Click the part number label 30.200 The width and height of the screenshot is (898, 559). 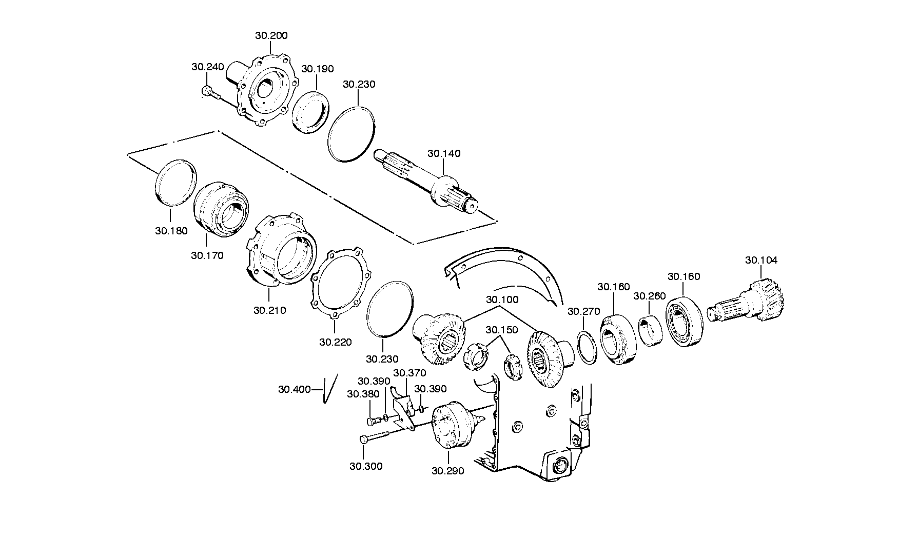coord(271,36)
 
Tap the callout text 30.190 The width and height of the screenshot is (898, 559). coord(317,69)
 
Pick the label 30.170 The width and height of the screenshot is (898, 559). coord(207,255)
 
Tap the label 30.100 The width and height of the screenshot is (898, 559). coord(502,300)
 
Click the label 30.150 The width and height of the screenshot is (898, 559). coord(502,330)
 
